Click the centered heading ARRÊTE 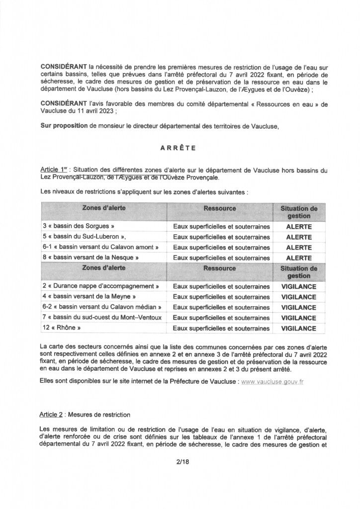pos(180,148)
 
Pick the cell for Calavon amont pos(102,247)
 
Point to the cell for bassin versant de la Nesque pos(90,257)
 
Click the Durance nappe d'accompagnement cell pos(102,287)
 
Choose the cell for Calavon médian pos(103,308)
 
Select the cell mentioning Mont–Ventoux pos(103,318)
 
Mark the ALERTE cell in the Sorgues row pos(299,227)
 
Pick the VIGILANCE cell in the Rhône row pos(299,328)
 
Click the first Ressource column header pos(219,208)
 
